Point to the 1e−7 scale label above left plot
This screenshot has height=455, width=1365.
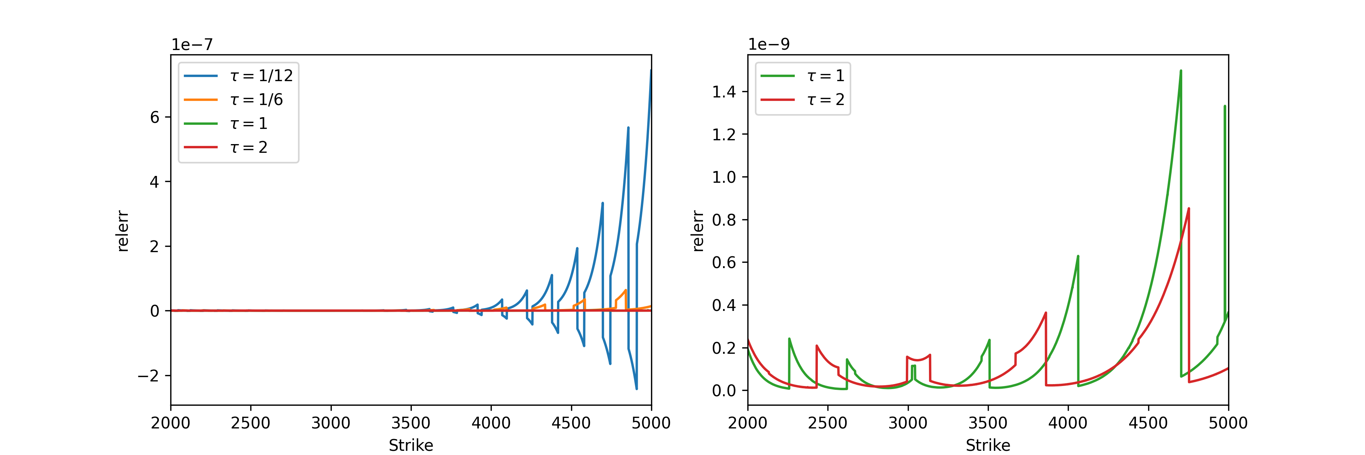click(x=192, y=44)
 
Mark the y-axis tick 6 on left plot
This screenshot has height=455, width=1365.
click(x=155, y=117)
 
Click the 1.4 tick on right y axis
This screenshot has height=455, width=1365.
click(x=724, y=92)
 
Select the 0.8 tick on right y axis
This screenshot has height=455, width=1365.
click(x=724, y=220)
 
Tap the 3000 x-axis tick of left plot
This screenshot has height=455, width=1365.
click(x=331, y=423)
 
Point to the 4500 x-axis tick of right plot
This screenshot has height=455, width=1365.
click(x=1148, y=423)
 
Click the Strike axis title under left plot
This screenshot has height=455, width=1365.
click(x=411, y=445)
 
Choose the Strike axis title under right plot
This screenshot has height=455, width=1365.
click(x=988, y=445)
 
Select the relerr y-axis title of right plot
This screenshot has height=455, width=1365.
click(x=698, y=231)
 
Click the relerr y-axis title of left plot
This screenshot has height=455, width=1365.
click(x=122, y=231)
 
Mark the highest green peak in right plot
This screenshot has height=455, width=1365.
click(x=1181, y=71)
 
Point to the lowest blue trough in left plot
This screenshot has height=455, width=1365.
click(x=636, y=389)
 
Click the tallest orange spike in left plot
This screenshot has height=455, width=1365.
click(x=626, y=290)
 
